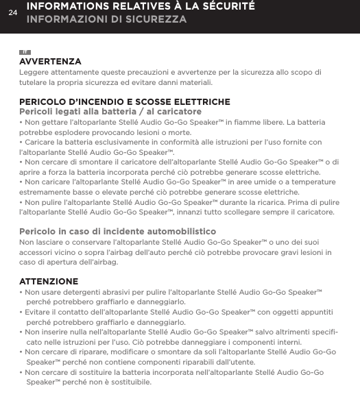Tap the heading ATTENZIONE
(x=49, y=282)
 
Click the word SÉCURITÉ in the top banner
(x=224, y=6)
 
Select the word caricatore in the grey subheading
(x=178, y=111)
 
